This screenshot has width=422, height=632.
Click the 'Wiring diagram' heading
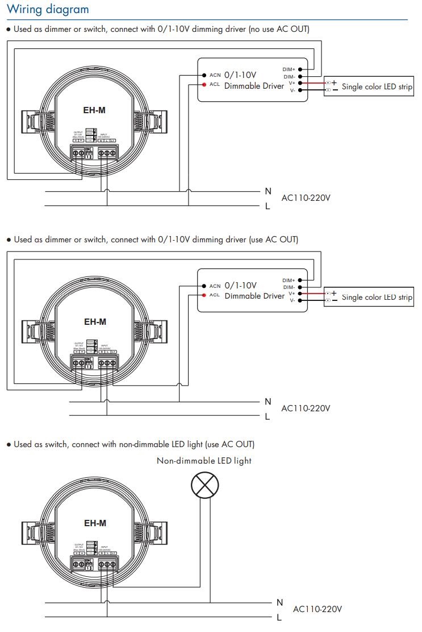(x=48, y=10)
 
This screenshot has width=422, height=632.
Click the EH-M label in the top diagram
(x=94, y=110)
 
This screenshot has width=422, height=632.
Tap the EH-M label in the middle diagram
(x=95, y=321)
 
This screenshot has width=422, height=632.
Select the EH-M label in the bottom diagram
(x=95, y=523)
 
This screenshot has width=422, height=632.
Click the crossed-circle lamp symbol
(x=204, y=485)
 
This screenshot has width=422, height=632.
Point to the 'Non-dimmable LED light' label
(x=204, y=461)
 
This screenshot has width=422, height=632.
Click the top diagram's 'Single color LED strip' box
(x=369, y=86)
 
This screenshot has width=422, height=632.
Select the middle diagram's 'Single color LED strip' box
(x=369, y=297)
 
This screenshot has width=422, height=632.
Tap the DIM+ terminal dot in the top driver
(x=300, y=69)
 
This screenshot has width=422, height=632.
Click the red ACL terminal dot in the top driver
(x=204, y=85)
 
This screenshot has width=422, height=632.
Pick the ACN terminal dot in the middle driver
(x=204, y=286)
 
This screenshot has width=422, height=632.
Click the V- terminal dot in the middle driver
(x=300, y=300)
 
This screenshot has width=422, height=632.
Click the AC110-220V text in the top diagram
(x=306, y=198)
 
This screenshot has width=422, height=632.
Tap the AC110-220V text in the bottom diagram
(x=317, y=609)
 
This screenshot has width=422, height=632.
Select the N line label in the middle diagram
(x=268, y=402)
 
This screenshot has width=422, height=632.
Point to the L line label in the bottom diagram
(x=279, y=617)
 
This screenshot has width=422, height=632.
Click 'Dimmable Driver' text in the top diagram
(x=254, y=86)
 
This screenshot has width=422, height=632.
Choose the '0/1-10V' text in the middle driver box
(x=241, y=286)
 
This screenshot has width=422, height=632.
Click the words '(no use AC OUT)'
(x=279, y=29)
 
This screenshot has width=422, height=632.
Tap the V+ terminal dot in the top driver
(x=300, y=83)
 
